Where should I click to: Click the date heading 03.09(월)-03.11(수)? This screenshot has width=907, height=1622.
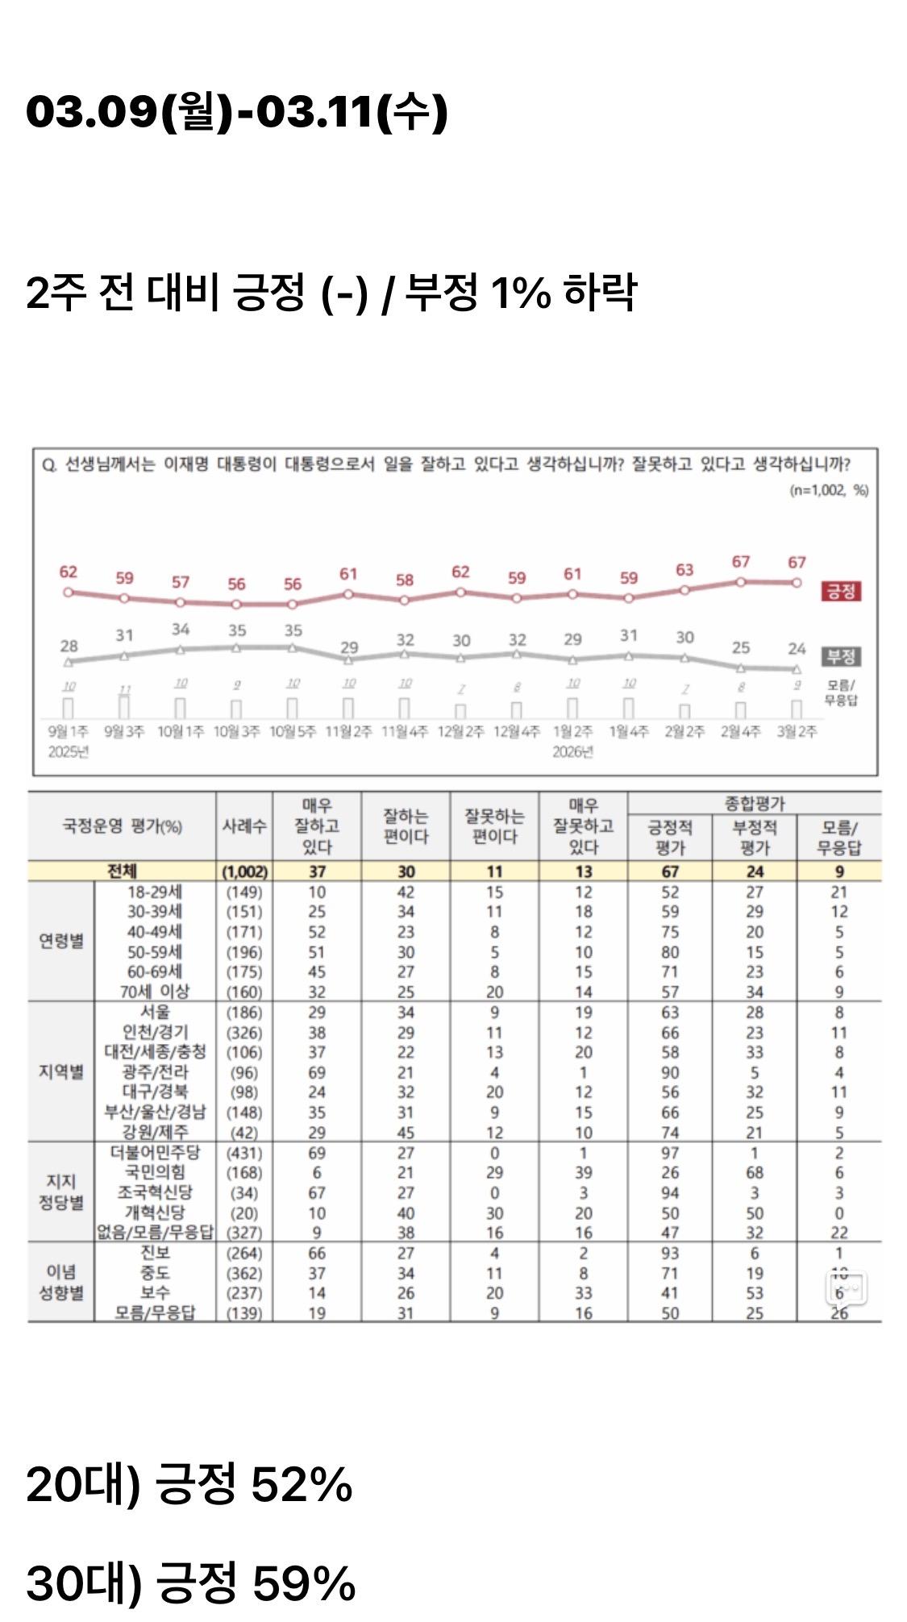point(236,111)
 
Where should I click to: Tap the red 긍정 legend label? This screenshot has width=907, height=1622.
point(840,591)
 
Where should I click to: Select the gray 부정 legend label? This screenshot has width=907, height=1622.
point(840,656)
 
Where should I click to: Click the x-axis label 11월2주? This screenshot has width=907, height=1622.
point(348,732)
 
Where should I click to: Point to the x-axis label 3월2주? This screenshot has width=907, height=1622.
point(797,732)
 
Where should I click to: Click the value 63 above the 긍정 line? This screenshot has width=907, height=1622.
point(684,570)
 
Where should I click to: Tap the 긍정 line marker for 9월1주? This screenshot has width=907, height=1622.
point(69,592)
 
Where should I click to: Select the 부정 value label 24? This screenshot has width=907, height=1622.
point(797,648)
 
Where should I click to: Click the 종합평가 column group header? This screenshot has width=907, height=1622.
point(754,803)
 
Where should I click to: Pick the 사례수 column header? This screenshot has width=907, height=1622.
point(244,826)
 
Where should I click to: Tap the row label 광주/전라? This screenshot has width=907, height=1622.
point(155,1072)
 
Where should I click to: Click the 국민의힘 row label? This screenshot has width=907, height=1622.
point(155,1172)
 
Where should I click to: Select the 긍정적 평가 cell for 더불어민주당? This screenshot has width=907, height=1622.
point(670,1153)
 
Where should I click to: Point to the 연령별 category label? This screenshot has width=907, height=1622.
point(61,941)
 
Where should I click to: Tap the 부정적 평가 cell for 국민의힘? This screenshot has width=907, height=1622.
point(754,1172)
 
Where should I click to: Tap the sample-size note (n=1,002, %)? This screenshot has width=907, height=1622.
point(828,490)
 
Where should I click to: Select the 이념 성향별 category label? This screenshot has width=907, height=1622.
point(61,1282)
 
